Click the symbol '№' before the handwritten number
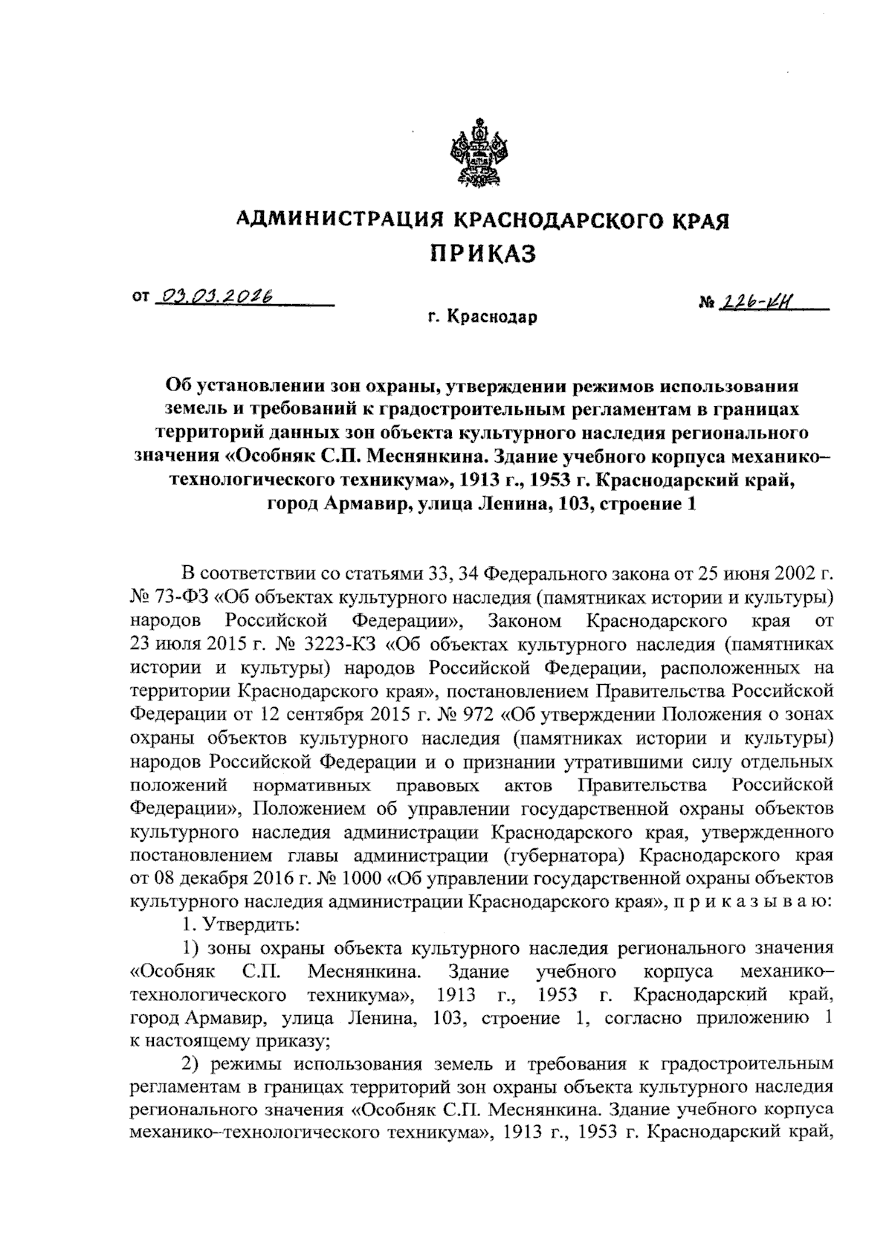pyautogui.click(x=707, y=303)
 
